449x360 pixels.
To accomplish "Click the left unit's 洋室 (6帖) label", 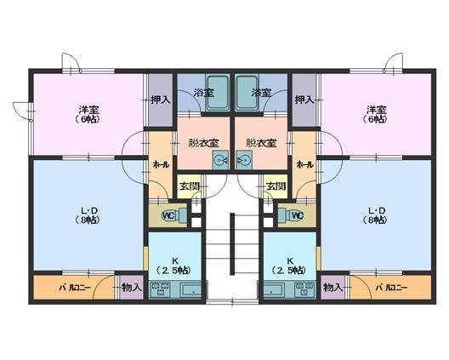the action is point(88,114).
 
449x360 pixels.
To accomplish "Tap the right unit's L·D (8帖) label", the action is point(376,215).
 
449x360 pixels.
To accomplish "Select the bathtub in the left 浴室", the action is point(218,93).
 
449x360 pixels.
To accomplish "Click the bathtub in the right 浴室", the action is point(247,93).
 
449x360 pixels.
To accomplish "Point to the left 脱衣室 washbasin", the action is point(220,160).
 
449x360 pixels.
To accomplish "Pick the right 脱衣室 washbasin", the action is point(244,160).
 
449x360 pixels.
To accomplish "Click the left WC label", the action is point(168,215).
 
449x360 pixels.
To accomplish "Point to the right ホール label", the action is point(304,165).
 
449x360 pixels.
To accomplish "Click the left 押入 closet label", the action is point(161,100).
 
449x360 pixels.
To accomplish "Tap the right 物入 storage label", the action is point(332,287).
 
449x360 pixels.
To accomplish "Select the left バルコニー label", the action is point(75,288).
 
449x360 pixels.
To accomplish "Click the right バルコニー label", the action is point(391,288).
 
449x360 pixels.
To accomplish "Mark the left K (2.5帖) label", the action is point(174,266).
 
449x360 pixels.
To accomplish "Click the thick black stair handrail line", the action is point(232,244).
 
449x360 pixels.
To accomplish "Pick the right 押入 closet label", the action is point(304,100).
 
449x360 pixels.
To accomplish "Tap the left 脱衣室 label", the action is point(203,143).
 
